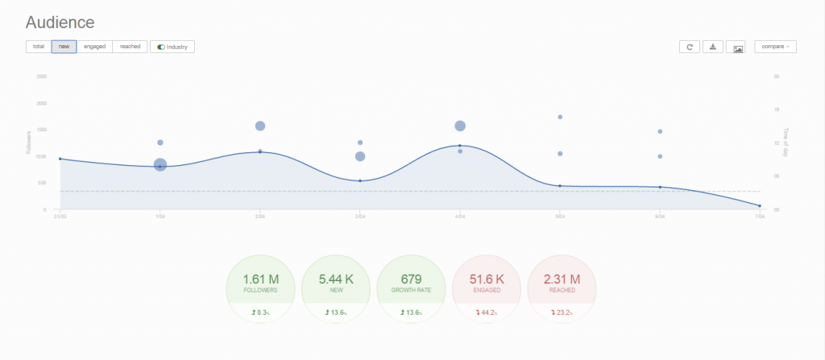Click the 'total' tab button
pos(38,47)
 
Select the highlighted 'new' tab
pos(64,47)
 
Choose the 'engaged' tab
pos(94,47)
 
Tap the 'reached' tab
pos(130,47)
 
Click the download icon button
pos(713,47)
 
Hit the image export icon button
pos(738,47)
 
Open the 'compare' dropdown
pos(775,47)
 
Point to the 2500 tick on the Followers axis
pos(42,77)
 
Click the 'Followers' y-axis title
pos(29,143)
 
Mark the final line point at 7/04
pos(759,206)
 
